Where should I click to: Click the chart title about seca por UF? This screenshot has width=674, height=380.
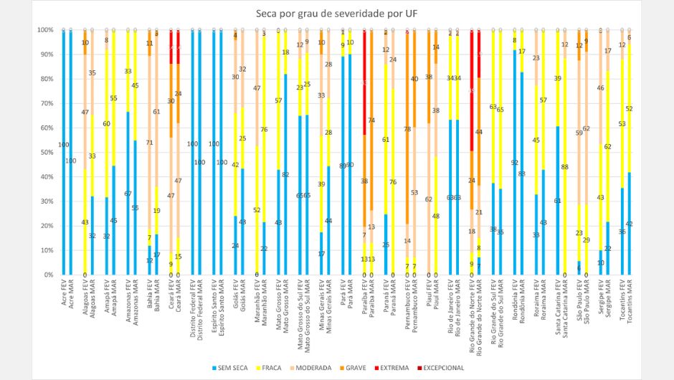(x=337, y=14)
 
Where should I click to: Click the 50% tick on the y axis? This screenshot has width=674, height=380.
(x=47, y=152)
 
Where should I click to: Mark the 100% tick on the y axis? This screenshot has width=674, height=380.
(x=45, y=30)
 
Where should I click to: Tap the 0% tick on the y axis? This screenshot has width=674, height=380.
(x=48, y=275)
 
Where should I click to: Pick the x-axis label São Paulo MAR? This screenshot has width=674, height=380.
(x=587, y=300)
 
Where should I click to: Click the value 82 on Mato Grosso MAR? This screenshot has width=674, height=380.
(x=285, y=174)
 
